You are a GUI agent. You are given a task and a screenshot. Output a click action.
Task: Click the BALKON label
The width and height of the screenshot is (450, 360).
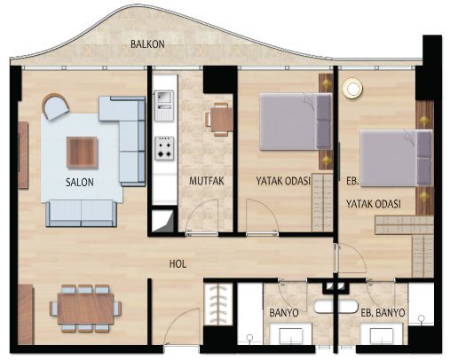point(147,44)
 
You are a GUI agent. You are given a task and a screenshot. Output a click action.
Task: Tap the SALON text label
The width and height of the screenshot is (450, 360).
point(80,182)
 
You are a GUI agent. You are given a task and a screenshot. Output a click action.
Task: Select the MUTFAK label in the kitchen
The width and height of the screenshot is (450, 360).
point(207,181)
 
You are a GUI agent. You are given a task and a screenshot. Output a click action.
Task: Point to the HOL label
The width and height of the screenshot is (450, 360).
point(178,264)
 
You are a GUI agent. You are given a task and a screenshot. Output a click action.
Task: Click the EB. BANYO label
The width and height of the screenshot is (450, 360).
point(383,313)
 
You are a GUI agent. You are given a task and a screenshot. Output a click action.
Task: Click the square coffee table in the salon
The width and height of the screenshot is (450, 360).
point(83,153)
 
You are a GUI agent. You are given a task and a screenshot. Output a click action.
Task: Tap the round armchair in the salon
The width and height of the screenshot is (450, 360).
point(55,106)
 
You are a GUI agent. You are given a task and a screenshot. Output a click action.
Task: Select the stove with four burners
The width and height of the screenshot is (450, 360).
point(164,148)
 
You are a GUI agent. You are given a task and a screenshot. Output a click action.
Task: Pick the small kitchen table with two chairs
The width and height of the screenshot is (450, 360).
point(219,120)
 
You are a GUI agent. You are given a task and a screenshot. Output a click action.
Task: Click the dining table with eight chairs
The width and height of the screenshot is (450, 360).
point(85,309)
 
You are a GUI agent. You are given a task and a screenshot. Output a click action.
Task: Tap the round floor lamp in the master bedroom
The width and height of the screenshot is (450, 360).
point(352,88)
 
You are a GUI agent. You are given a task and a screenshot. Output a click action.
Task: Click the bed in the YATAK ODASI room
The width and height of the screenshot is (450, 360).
point(296,121)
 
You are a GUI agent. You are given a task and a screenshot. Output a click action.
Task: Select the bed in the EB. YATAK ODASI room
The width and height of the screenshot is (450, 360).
point(396,158)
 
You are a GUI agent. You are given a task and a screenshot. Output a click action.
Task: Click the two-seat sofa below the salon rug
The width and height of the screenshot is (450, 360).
point(82,213)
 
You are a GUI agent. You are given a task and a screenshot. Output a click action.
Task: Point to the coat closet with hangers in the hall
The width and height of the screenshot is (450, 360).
point(218,304)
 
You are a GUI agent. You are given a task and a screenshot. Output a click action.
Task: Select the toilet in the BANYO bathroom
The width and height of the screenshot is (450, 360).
point(250,339)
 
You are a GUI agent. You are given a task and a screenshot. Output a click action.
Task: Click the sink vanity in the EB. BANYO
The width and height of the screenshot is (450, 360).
point(382,333)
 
